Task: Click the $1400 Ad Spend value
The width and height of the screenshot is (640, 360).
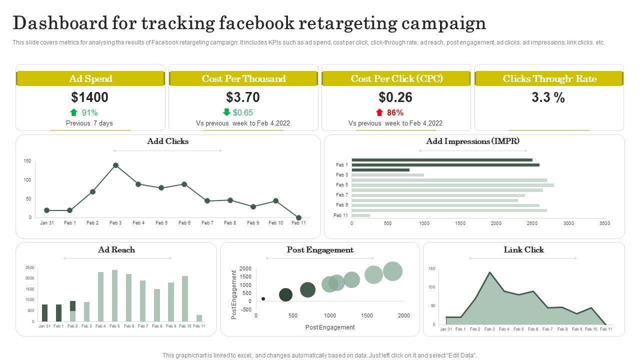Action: coord(90,97)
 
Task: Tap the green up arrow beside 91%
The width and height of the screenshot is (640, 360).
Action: coord(74,112)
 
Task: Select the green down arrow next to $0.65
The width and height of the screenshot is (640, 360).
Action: coord(226,112)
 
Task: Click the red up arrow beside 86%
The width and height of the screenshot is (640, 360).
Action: coord(379,112)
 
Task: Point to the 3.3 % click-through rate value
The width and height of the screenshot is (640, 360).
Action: coord(548,97)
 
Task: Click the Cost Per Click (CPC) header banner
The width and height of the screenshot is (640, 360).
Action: coord(396,78)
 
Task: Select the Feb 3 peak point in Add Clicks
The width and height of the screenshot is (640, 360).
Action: coord(115,165)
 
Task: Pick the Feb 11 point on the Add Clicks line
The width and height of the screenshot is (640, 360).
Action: coord(298,218)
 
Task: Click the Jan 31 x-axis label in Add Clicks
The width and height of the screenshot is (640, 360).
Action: coord(47,223)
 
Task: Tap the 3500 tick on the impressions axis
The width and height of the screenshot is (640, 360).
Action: coord(604,223)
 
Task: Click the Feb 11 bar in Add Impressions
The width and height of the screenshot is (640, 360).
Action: coord(361,215)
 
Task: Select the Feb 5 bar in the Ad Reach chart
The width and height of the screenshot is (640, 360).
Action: coord(115,295)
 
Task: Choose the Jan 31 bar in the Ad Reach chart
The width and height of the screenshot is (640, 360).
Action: coord(45,312)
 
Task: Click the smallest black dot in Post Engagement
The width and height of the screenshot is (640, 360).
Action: coord(263,299)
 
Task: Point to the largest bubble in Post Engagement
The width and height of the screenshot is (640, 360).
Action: coord(392,271)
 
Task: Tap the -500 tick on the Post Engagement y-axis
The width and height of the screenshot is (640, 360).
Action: coord(245,309)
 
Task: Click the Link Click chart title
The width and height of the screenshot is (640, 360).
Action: coord(523,249)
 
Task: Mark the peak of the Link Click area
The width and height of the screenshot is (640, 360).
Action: coord(489,272)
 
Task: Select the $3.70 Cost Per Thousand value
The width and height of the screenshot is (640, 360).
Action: coord(243,97)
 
